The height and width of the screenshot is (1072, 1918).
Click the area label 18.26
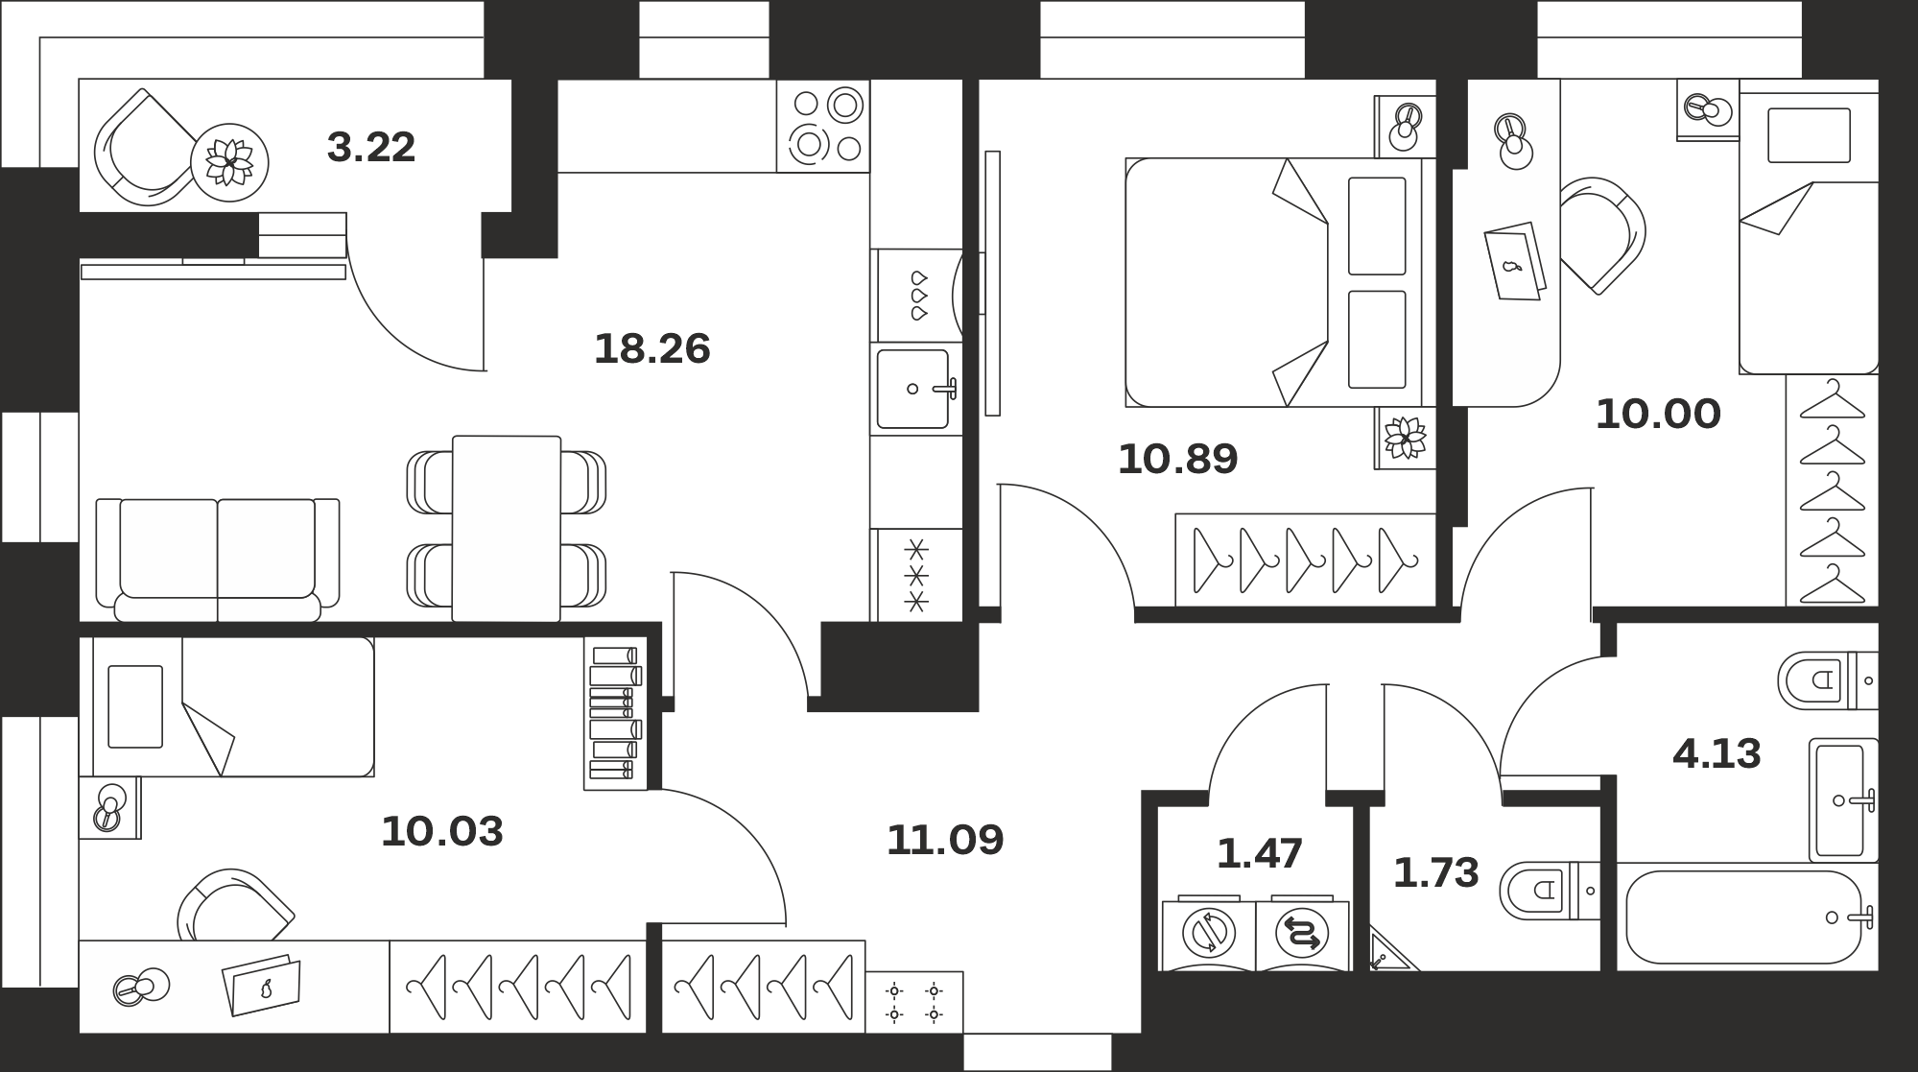pos(652,348)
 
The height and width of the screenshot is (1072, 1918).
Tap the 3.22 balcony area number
pos(370,148)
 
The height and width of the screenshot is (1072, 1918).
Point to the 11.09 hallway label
pos(945,840)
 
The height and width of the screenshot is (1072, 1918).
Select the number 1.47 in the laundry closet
pos(1259,853)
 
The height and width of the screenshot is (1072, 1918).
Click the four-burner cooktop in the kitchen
pos(823,127)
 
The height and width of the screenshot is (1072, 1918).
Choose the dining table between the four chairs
pos(507,528)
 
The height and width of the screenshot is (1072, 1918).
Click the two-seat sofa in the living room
pos(218,560)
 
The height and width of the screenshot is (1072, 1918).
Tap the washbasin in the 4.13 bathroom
pos(1843,799)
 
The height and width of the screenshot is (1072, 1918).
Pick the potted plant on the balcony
pos(229,162)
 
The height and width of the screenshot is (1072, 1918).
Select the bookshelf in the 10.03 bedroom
pos(615,714)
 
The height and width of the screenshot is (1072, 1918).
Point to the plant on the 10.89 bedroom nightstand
pos(1405,438)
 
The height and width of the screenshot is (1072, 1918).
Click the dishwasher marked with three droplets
pos(918,296)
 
